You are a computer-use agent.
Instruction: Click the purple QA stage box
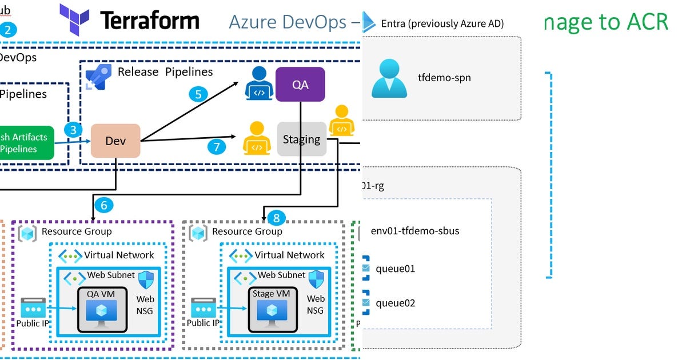click(300, 84)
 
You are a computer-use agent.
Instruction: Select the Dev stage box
click(115, 141)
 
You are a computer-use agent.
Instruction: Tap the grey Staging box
click(301, 139)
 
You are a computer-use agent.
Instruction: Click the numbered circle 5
click(198, 94)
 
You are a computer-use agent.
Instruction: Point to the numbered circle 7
click(216, 147)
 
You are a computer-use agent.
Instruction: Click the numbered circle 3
click(73, 129)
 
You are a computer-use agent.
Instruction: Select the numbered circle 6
click(103, 205)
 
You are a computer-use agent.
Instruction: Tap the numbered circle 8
click(276, 217)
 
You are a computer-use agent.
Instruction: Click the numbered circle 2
click(7, 30)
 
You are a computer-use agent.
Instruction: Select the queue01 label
click(396, 269)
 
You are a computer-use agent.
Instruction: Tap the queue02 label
click(396, 303)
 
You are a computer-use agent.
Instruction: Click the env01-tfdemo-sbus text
click(415, 231)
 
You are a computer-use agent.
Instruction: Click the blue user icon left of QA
click(259, 84)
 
